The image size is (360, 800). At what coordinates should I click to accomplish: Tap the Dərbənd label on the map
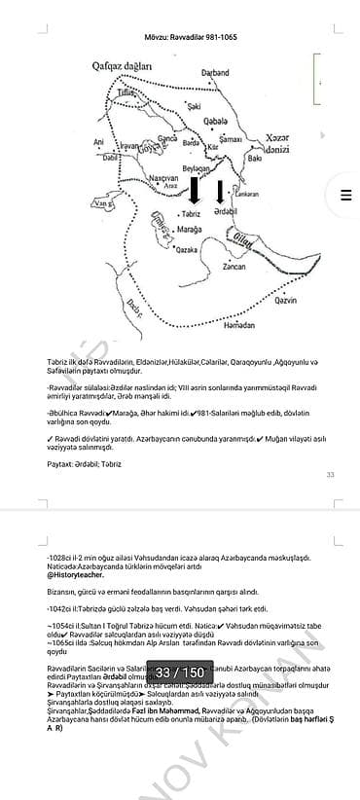[x=214, y=73]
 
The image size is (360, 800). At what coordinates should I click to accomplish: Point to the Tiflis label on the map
[x=126, y=91]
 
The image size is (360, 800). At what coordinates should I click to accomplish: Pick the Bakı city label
[x=254, y=158]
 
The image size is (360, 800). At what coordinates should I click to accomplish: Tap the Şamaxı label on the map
[x=230, y=140]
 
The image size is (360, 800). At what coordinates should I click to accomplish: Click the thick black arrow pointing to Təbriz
[x=195, y=189]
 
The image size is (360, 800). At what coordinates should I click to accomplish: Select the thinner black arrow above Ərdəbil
[x=219, y=192]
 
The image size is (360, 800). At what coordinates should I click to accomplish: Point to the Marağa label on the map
[x=190, y=230]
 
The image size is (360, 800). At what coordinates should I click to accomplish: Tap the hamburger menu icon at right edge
[x=344, y=195]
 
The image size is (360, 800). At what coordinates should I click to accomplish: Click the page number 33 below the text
[x=330, y=475]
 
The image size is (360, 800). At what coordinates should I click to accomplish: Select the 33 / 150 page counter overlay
[x=180, y=673]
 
